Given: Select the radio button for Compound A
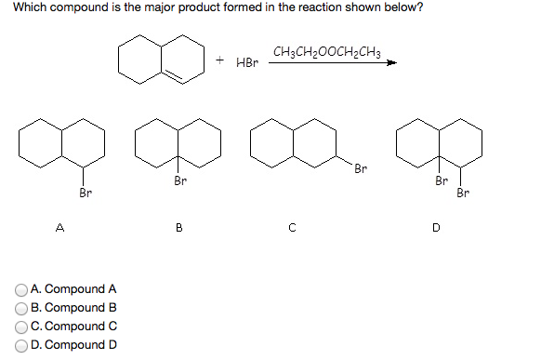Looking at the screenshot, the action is (x=21, y=289).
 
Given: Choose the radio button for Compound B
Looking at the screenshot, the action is (x=21, y=308).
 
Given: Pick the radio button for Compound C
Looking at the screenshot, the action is (x=21, y=327).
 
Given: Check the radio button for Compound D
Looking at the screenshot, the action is (x=21, y=345).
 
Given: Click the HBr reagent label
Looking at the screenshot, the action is (x=247, y=63).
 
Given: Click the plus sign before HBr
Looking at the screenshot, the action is (x=220, y=60).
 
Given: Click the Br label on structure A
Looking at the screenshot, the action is (x=86, y=193).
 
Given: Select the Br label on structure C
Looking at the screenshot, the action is (x=361, y=168).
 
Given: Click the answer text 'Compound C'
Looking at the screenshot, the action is (x=73, y=327).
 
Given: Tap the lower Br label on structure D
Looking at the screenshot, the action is (x=463, y=193).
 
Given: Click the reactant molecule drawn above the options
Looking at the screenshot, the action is (x=161, y=59).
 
